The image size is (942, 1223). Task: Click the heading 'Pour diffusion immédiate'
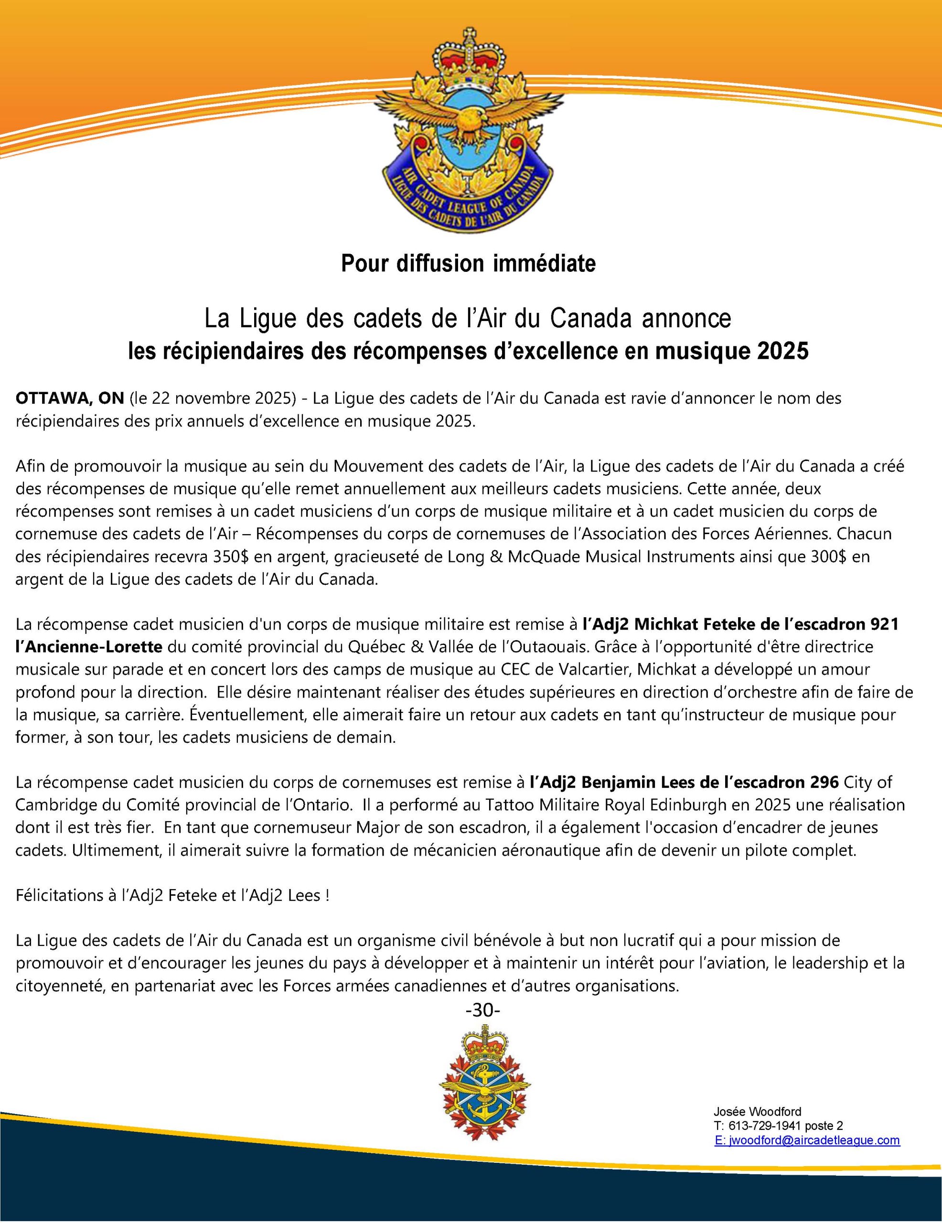point(468,264)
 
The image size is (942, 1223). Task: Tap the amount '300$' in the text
point(823,557)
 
